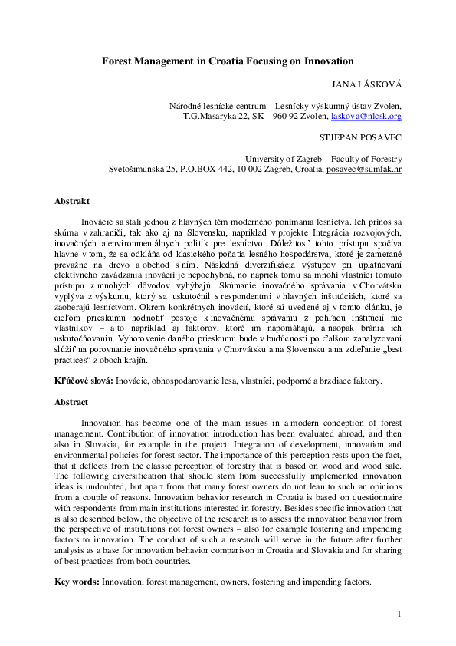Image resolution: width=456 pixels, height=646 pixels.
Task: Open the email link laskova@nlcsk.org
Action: (x=366, y=117)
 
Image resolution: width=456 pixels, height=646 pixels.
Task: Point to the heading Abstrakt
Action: (x=73, y=201)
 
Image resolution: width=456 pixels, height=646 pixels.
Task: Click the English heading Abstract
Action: (x=71, y=402)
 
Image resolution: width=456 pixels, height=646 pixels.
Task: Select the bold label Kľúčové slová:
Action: (x=83, y=381)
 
